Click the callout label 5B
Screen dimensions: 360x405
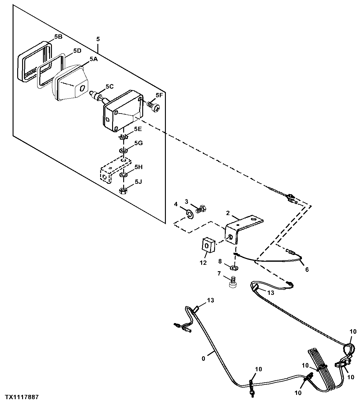58,37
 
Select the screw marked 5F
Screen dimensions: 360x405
154,107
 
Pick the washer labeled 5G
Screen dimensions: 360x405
124,151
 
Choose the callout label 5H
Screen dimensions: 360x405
139,167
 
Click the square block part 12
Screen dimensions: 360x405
208,245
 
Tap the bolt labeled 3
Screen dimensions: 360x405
200,209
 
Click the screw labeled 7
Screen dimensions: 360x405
233,282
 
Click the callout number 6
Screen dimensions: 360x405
307,270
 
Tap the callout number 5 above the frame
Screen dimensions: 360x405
98,39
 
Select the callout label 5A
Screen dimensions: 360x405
93,59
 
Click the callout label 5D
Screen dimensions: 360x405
77,51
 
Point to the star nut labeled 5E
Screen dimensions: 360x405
123,137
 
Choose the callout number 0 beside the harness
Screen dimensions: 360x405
203,359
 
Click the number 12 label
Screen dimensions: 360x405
203,263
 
